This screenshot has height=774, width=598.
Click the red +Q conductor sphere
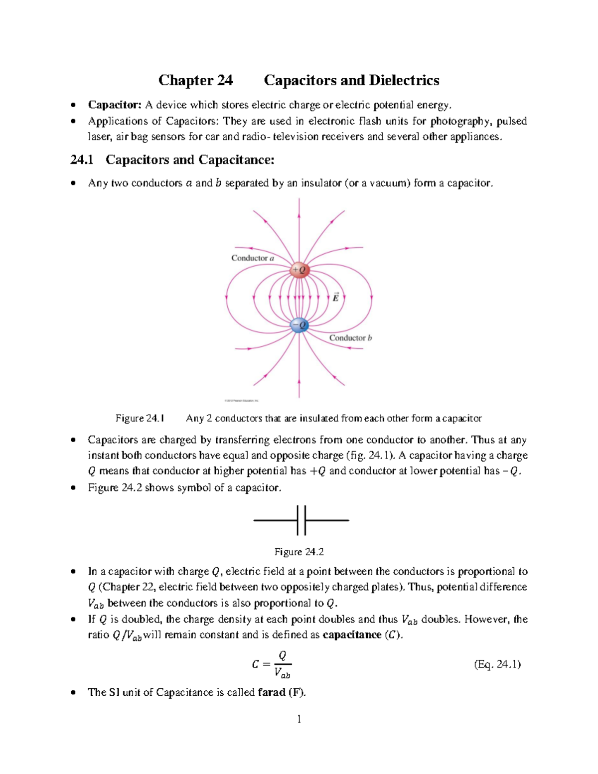click(x=299, y=270)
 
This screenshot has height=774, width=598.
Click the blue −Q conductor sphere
click(x=299, y=325)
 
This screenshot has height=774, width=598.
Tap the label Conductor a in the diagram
click(x=253, y=258)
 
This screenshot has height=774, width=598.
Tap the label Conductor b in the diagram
click(x=350, y=338)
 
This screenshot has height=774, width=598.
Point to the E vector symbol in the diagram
click(x=335, y=297)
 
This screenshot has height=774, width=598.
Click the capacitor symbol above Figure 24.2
click(x=301, y=520)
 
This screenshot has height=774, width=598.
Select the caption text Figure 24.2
click(x=299, y=552)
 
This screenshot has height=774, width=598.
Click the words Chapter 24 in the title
click(x=195, y=80)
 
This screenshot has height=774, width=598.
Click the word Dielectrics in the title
click(x=404, y=80)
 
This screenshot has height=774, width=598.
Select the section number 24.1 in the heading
click(x=82, y=159)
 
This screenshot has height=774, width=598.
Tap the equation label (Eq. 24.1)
click(x=497, y=664)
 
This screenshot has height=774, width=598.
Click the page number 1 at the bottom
click(x=299, y=719)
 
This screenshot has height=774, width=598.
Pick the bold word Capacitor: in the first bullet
click(x=115, y=105)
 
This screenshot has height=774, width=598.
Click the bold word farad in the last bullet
click(x=272, y=692)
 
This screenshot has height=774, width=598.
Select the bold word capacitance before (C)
click(x=352, y=635)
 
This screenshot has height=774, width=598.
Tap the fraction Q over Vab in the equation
click(x=282, y=664)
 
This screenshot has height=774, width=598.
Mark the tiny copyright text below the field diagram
click(x=241, y=400)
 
